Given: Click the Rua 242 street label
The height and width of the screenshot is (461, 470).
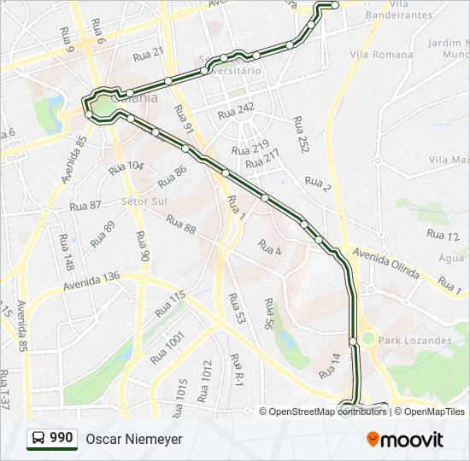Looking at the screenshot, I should click(236, 112).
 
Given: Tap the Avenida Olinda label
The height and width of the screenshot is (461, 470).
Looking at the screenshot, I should click(386, 265).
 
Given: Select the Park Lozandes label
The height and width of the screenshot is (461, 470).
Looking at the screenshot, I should click(415, 341).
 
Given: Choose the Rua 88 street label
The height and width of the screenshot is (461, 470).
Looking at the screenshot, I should click(180, 225).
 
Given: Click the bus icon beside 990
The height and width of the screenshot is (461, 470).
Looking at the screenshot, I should click(38, 438).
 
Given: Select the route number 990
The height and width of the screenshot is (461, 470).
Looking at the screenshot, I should click(61, 438).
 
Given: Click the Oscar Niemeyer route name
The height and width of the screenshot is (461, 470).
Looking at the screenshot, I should click(133, 439).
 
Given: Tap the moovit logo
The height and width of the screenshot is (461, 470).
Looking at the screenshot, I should click(405, 439).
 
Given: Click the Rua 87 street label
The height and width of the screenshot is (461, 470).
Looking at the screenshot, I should click(85, 206).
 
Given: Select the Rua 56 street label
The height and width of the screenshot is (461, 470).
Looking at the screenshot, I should click(270, 314).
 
